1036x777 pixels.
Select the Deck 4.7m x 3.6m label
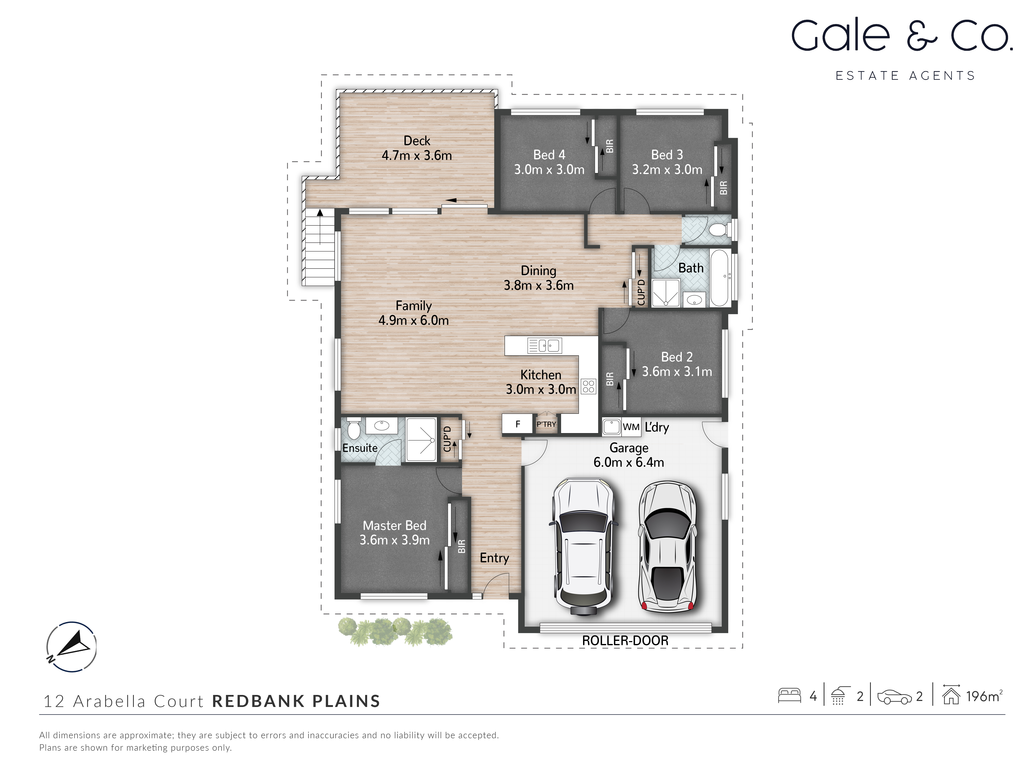point(416,148)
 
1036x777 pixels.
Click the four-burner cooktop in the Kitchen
point(588,386)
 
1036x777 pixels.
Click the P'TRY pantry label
point(546,424)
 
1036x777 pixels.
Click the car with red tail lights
point(667,547)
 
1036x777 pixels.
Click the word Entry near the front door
point(494,558)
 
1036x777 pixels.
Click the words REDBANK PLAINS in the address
point(296,701)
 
